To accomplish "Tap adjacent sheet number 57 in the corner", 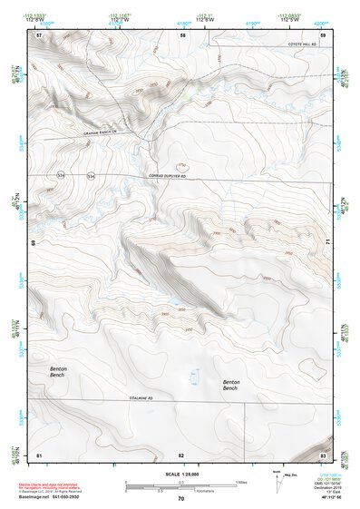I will [39, 34].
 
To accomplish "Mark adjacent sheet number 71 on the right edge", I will [327, 243].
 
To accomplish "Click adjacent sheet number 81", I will [39, 454].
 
